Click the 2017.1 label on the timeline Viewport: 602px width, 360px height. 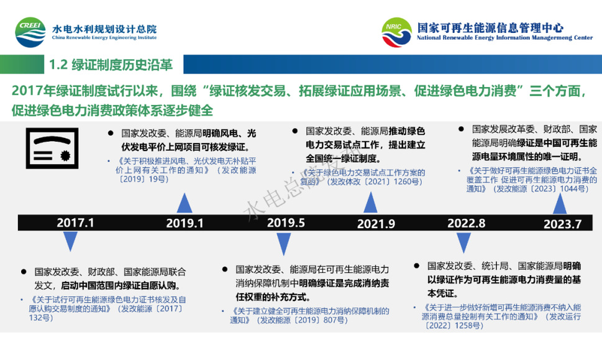75,223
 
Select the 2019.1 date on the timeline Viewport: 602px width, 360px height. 185,223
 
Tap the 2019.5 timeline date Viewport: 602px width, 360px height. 286,223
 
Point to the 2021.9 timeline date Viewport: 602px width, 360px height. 376,224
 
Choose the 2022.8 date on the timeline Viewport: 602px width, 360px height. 466,223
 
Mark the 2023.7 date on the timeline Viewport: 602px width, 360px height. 562,224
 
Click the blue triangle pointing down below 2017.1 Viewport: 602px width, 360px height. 70,241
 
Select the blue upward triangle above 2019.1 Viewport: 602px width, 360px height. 185,203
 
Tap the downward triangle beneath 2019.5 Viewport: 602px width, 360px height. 284,244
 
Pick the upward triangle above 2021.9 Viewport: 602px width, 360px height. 370,203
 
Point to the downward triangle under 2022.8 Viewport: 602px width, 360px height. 463,242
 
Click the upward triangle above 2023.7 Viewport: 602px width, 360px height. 560,204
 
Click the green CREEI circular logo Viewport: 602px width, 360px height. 30,32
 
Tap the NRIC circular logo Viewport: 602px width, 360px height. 397,32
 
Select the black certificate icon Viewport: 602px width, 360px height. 52,149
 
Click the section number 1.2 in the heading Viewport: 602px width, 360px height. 58,65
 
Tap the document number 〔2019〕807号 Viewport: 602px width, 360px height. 319,320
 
